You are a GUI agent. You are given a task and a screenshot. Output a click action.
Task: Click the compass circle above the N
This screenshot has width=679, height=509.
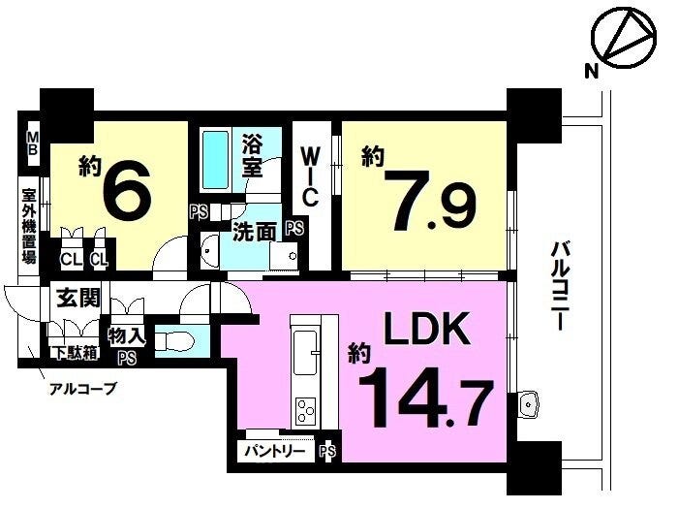[x=625, y=37]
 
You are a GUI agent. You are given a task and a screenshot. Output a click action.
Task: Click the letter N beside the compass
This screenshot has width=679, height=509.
[x=592, y=71]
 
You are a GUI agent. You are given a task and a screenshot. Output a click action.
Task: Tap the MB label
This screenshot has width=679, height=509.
[x=33, y=143]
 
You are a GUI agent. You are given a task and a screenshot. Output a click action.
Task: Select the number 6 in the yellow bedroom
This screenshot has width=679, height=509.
[x=127, y=189]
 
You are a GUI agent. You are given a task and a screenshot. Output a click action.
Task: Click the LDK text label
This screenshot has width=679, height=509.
[x=427, y=329]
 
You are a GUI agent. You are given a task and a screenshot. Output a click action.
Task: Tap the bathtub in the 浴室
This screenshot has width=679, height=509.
[x=216, y=160]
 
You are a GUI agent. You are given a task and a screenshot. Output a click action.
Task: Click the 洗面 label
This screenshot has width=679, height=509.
[x=254, y=234]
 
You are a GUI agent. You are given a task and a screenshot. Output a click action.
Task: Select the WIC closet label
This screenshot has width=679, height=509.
[x=311, y=177]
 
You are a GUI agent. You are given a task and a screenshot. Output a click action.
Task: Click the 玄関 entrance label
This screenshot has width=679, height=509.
[x=78, y=298]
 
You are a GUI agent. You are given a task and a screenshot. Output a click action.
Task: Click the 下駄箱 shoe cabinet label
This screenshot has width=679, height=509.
[x=75, y=353]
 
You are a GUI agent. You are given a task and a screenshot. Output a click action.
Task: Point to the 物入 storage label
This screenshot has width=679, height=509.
[x=127, y=336]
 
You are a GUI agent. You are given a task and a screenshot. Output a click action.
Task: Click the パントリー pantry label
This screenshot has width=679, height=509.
[x=274, y=452]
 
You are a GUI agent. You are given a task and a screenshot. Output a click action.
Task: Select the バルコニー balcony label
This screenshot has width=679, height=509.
[x=559, y=286]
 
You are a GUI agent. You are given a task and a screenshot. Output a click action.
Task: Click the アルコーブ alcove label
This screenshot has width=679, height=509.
[x=83, y=389]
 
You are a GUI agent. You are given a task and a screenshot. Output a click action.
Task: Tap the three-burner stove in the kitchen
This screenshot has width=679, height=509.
[x=306, y=411]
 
